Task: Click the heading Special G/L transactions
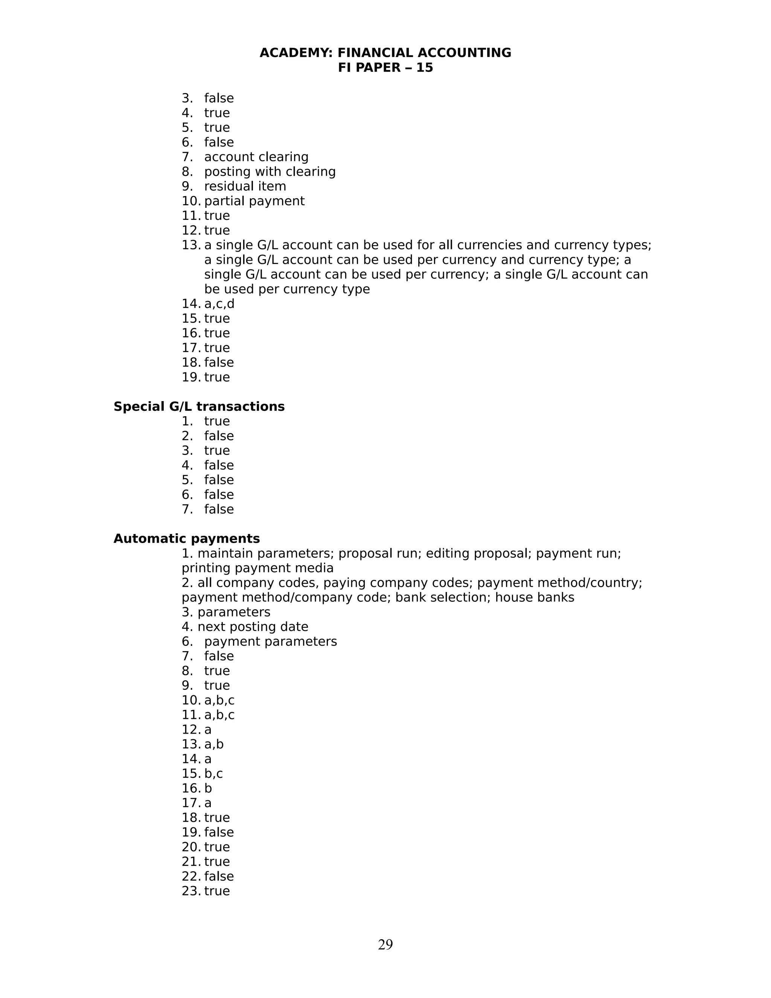199,406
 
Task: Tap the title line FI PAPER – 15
385,68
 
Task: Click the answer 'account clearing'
256,157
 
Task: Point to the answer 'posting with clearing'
270,171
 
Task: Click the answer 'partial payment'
254,201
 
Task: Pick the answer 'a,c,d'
219,304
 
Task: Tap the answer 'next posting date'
253,627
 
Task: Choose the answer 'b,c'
213,773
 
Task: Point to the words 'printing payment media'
258,568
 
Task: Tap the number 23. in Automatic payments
190,891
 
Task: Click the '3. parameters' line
226,612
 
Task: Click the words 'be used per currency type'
287,289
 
